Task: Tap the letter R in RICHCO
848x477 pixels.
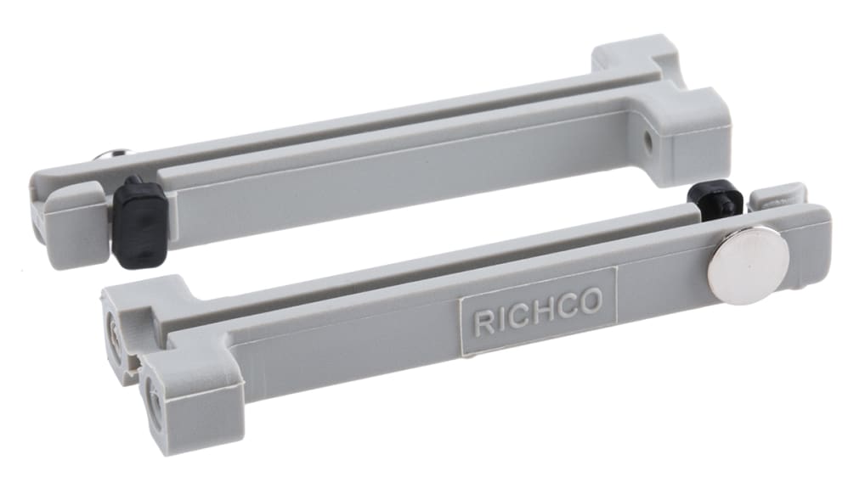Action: click(483, 322)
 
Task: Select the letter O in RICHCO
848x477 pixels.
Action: click(591, 299)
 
